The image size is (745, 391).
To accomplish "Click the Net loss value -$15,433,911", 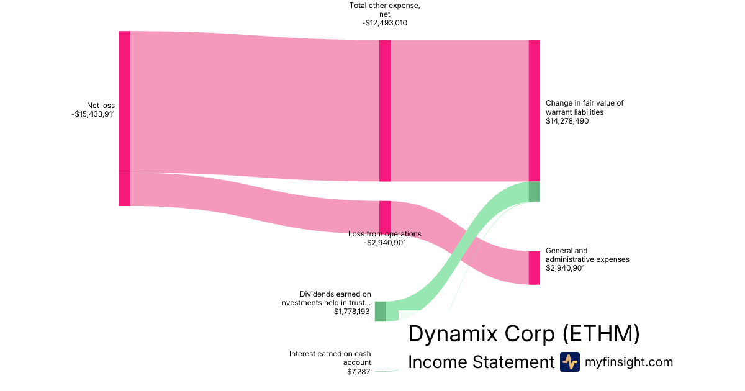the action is pyautogui.click(x=93, y=114).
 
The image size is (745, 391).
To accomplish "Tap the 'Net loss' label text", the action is pyautogui.click(x=101, y=106).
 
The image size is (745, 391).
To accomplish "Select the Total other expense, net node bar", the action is pyautogui.click(x=385, y=110).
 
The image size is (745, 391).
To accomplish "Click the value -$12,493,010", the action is pyautogui.click(x=385, y=23).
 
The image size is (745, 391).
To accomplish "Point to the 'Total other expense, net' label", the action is pyautogui.click(x=385, y=11).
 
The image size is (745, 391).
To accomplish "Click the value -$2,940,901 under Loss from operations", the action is pyautogui.click(x=385, y=243).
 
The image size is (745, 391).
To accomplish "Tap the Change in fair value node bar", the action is pyautogui.click(x=534, y=110).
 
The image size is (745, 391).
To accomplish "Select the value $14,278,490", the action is pyautogui.click(x=567, y=121).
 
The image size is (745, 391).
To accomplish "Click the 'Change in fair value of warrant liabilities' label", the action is pyautogui.click(x=584, y=107).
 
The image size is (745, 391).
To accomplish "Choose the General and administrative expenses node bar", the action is pyautogui.click(x=534, y=267).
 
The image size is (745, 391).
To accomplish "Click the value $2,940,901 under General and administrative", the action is pyautogui.click(x=565, y=268).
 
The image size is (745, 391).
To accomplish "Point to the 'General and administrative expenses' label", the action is pyautogui.click(x=587, y=255).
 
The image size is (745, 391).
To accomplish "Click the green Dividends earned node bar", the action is pyautogui.click(x=380, y=311).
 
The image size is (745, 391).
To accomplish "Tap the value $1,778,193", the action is pyautogui.click(x=352, y=312).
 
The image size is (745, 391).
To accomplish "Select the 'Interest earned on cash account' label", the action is pyautogui.click(x=330, y=358).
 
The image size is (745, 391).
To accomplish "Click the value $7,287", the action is pyautogui.click(x=359, y=372).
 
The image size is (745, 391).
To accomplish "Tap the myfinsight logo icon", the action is pyautogui.click(x=569, y=362).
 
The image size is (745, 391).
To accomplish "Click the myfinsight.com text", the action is pyautogui.click(x=629, y=362).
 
